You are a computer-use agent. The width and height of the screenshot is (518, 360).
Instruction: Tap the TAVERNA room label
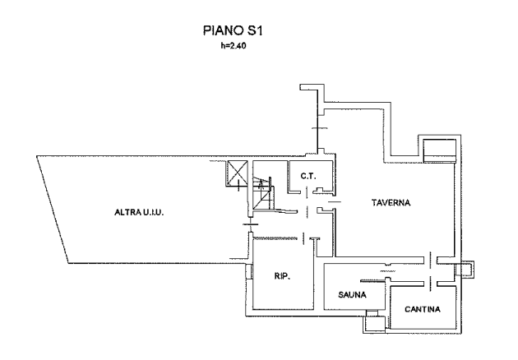(390, 202)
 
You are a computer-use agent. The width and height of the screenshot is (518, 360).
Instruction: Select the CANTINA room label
(423, 310)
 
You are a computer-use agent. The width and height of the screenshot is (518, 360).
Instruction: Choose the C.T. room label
(308, 176)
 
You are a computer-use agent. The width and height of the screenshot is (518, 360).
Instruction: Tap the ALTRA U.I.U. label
(140, 213)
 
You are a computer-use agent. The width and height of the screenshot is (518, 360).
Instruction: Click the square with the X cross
(238, 174)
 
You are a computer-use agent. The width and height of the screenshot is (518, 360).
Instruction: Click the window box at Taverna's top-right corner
(438, 150)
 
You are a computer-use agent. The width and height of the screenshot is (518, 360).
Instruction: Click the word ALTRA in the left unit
(127, 213)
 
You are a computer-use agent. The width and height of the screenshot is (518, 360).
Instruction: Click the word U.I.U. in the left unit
(154, 213)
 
